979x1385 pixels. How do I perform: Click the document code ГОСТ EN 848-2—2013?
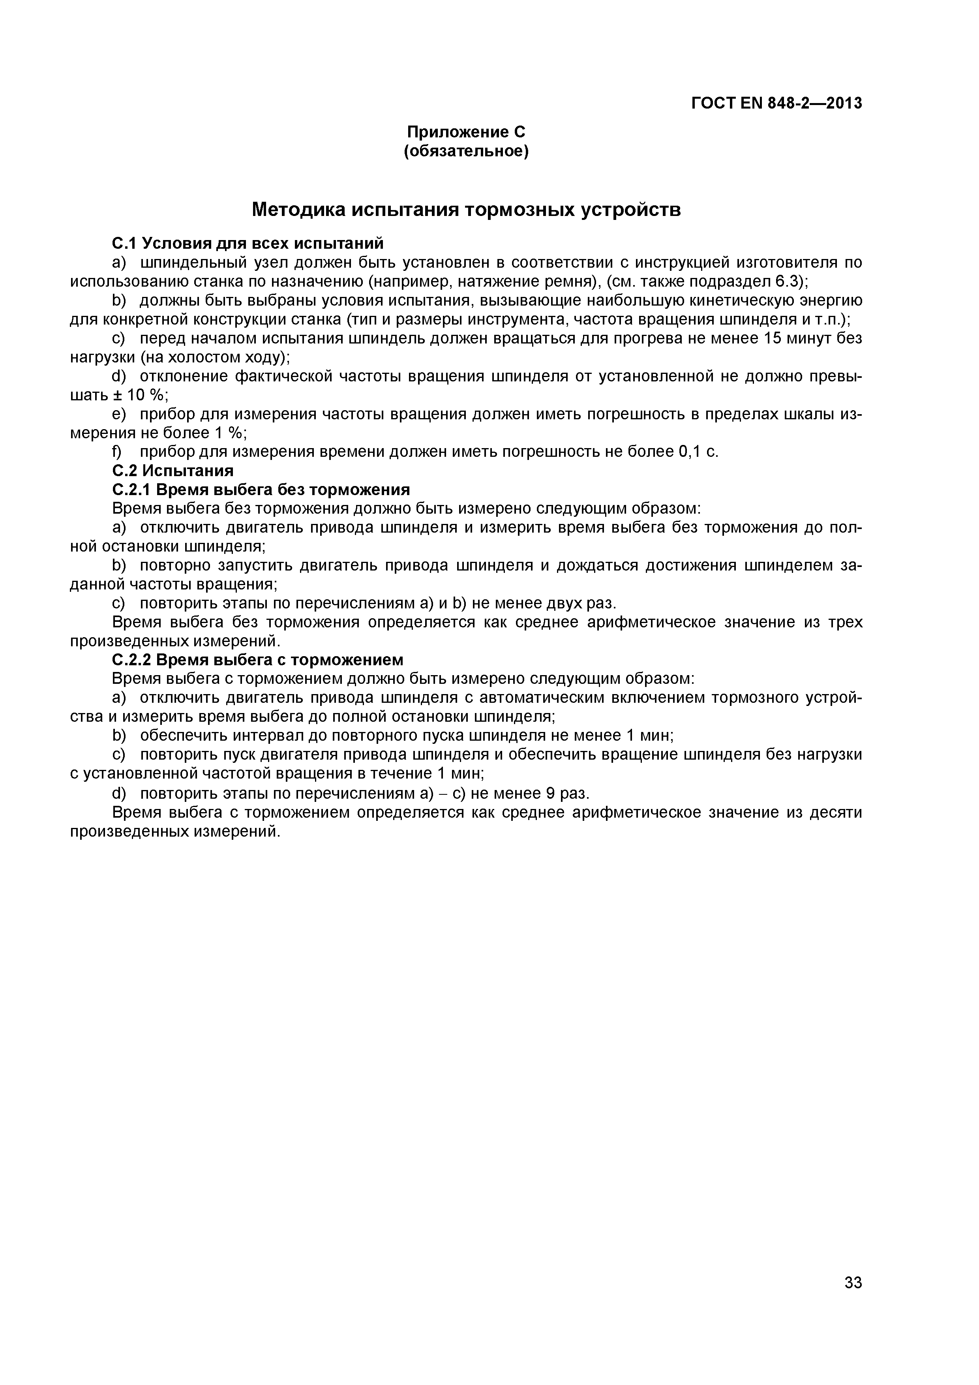776,104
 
